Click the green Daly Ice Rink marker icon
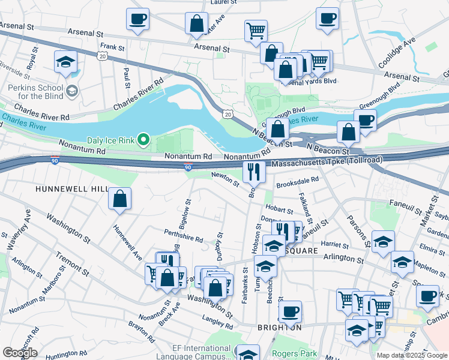pos(143,140)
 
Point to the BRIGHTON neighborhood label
pos(279,328)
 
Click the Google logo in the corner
pos(20,353)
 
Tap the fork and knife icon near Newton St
pos(254,172)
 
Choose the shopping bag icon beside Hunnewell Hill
pos(120,199)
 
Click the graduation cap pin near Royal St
pos(65,62)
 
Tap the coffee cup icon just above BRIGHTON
pos(290,311)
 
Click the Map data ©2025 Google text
pos(412,355)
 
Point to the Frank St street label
pos(112,46)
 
